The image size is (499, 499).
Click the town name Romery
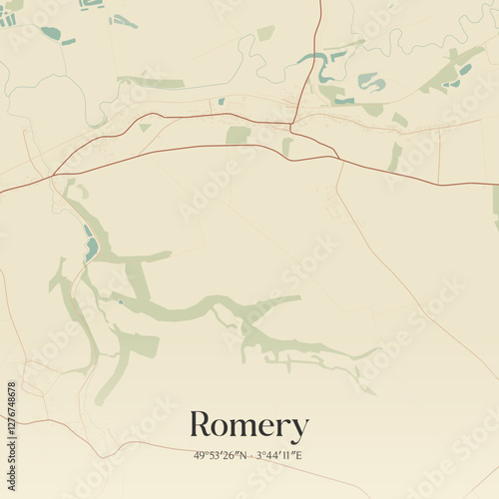(x=249, y=426)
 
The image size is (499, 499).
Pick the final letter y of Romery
(x=298, y=430)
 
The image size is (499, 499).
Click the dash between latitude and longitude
(x=250, y=455)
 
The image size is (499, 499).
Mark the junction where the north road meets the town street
(x=293, y=124)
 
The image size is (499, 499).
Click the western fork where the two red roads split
(x=52, y=175)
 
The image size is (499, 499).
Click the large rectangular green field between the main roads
(x=238, y=135)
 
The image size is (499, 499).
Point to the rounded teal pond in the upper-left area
(x=49, y=33)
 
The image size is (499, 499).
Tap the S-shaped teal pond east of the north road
(x=328, y=70)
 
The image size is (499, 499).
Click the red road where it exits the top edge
(x=320, y=3)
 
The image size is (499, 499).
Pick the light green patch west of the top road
(x=265, y=33)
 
